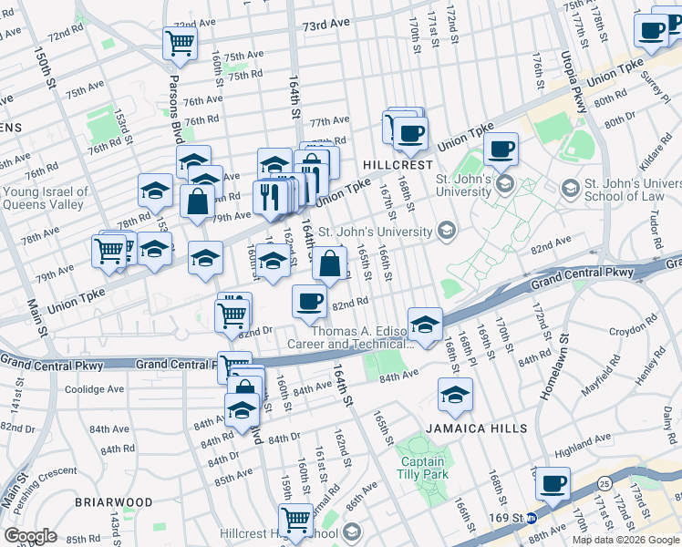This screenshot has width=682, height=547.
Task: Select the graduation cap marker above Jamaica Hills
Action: (x=455, y=395)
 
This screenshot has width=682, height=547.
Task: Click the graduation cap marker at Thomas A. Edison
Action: (x=425, y=323)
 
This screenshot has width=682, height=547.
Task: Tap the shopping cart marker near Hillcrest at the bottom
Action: (x=295, y=520)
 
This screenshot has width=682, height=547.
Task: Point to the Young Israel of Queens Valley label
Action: (x=46, y=198)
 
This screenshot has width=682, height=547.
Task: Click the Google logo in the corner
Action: (x=30, y=536)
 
